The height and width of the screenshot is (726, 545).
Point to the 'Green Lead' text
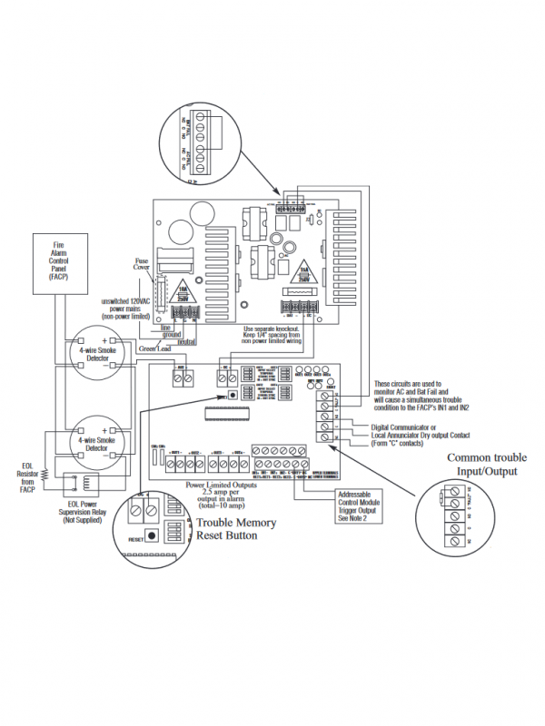pyautogui.click(x=154, y=348)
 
